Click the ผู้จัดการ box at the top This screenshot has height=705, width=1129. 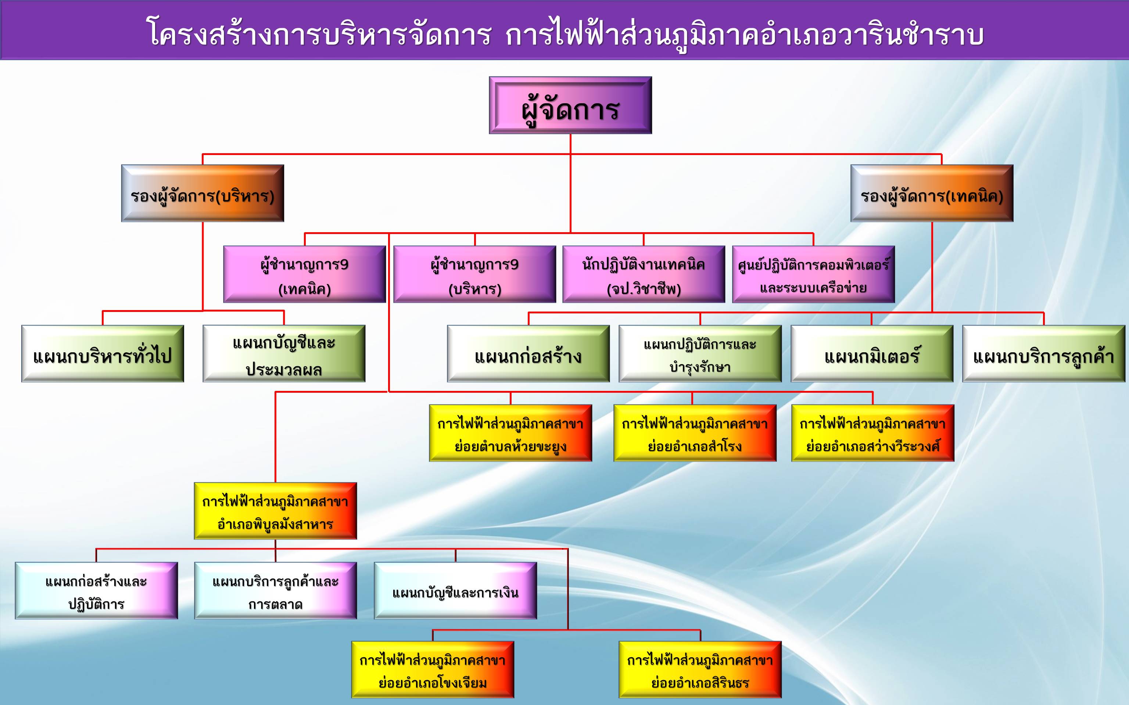point(570,105)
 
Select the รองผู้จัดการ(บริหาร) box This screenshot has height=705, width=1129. point(202,193)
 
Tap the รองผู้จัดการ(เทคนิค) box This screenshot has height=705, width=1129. point(932,193)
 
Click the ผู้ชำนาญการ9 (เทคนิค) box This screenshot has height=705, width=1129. point(305,274)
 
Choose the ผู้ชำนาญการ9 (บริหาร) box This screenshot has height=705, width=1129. point(475,274)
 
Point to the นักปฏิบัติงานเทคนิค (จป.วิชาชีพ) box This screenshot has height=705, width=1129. point(644,274)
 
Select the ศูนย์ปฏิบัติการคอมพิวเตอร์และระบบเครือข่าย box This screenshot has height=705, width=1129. point(813,274)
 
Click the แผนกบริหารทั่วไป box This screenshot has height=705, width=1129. point(103,353)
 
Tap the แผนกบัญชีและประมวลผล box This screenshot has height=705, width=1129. point(284,353)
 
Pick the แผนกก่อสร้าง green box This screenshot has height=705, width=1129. point(528,353)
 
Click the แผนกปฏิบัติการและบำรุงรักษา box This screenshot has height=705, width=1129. point(700,353)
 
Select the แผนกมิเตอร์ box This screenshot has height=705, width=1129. point(872,353)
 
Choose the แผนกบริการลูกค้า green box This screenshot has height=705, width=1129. point(1044,353)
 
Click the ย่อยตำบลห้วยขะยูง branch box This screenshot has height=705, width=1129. point(510,433)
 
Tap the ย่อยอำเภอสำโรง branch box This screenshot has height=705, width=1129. point(695,433)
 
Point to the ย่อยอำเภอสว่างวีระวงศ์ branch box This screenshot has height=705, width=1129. point(872,433)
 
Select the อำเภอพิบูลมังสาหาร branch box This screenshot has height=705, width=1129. point(275,511)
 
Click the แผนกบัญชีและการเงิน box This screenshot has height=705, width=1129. point(455,591)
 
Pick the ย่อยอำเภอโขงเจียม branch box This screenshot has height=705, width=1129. point(432,670)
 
